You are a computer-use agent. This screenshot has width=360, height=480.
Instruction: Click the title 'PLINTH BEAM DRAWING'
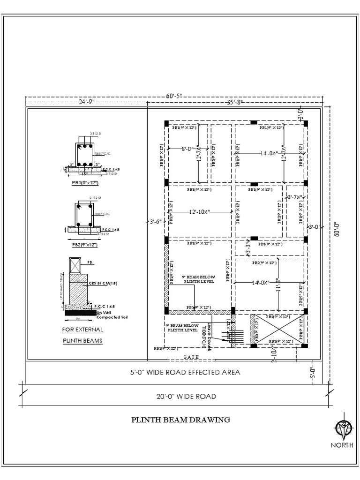click(180, 420)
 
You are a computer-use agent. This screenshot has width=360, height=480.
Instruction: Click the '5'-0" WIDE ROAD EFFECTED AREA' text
click(185, 372)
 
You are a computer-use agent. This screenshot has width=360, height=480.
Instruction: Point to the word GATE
click(191, 357)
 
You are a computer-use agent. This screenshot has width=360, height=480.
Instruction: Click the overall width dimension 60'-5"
click(173, 96)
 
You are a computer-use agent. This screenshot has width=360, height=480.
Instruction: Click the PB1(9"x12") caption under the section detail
click(85, 182)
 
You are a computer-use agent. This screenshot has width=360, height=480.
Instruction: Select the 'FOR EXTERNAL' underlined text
click(83, 330)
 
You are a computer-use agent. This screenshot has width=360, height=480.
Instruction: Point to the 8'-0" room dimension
click(188, 149)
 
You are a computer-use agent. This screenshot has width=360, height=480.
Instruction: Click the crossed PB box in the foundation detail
click(75, 265)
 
